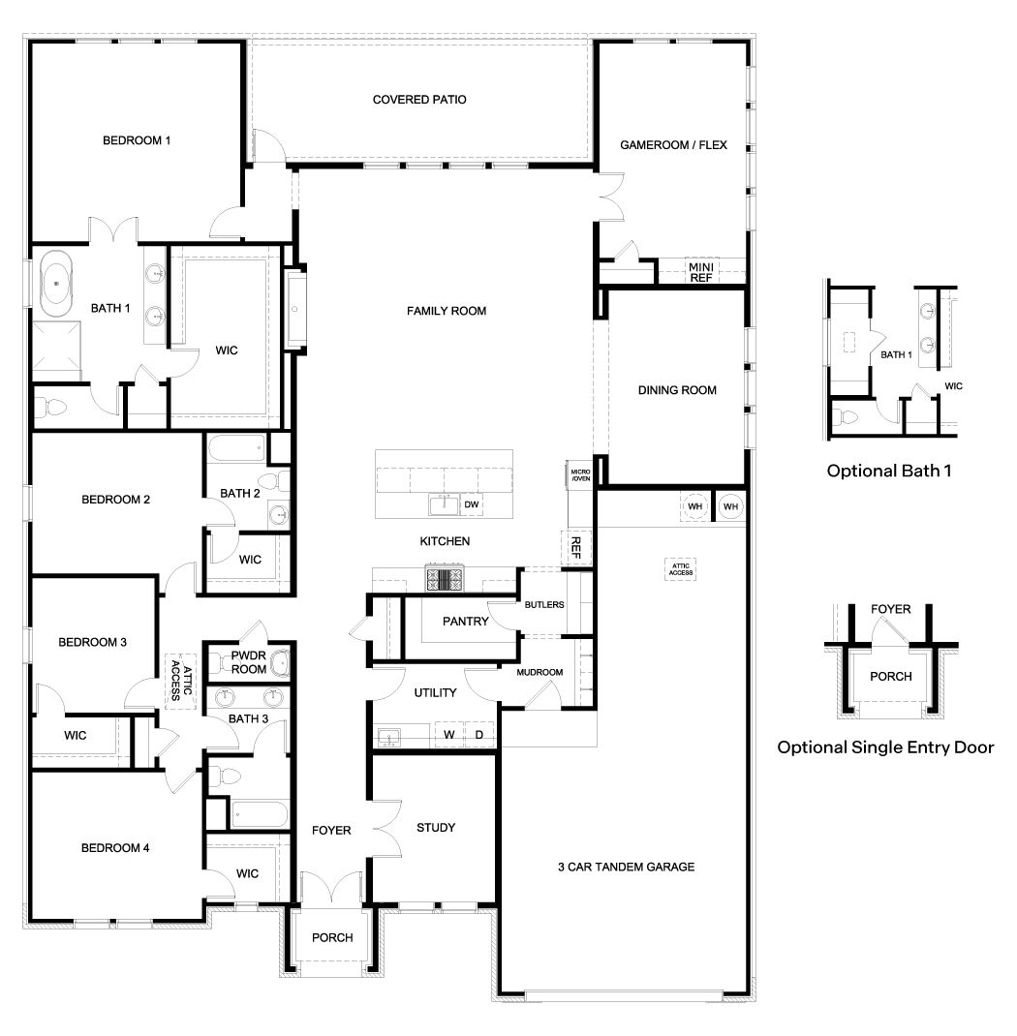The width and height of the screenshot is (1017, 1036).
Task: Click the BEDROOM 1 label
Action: click(137, 140)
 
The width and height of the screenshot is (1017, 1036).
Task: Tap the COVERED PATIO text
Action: click(419, 100)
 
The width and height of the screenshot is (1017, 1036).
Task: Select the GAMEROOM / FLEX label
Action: click(673, 146)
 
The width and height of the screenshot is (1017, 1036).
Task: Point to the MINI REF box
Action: click(700, 271)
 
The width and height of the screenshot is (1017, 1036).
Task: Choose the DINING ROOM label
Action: click(677, 390)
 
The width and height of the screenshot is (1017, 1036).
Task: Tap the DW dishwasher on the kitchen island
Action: click(472, 504)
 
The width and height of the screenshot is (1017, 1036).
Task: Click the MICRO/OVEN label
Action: click(580, 474)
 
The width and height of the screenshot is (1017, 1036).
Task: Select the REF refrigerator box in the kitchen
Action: click(575, 547)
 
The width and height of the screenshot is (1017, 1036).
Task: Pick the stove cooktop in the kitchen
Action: click(445, 579)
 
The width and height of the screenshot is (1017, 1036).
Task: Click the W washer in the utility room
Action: click(449, 735)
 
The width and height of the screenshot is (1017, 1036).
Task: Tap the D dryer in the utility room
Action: click(478, 735)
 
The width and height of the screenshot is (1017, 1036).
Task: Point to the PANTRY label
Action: click(465, 622)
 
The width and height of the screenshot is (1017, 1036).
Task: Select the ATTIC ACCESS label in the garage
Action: click(680, 569)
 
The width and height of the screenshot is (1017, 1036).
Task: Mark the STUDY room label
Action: click(436, 828)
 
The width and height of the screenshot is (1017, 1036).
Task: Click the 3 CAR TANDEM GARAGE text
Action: click(625, 867)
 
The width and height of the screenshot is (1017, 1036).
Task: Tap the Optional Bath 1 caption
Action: click(890, 472)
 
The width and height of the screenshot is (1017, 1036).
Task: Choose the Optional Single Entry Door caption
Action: click(885, 747)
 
